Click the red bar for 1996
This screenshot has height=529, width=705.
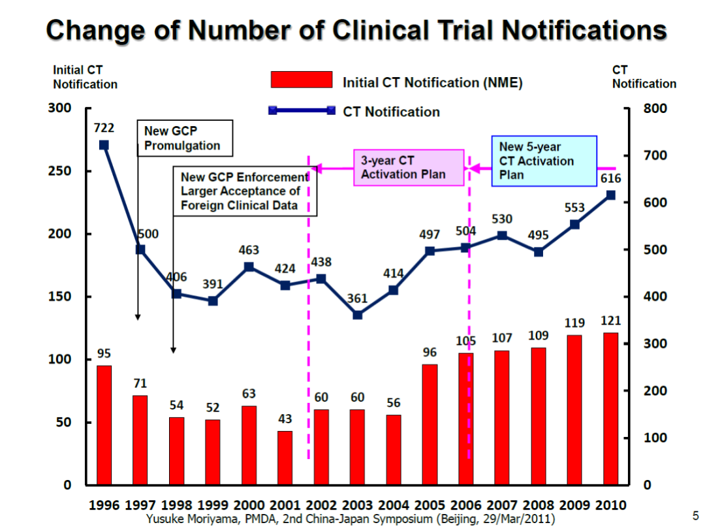(x=104, y=425)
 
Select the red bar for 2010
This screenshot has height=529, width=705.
(x=610, y=409)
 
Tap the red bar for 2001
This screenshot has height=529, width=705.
(x=285, y=458)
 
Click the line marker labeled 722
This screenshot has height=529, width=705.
(x=104, y=145)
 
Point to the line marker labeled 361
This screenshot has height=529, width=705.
(x=357, y=315)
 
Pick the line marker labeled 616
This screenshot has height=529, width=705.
(x=610, y=195)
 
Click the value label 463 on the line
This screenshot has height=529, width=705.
(x=249, y=250)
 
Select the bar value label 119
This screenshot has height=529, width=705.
(x=574, y=322)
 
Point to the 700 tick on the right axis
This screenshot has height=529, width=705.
(x=655, y=155)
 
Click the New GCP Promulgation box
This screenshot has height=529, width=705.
(x=185, y=138)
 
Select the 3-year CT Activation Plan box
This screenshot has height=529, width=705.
(x=409, y=167)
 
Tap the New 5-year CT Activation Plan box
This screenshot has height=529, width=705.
(x=544, y=161)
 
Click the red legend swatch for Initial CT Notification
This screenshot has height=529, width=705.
(x=302, y=80)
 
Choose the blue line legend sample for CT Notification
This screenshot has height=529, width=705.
(x=302, y=110)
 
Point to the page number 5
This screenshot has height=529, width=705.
(x=695, y=515)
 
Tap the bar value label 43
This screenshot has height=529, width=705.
(x=285, y=419)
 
